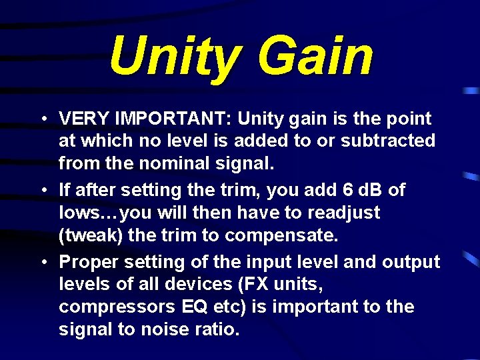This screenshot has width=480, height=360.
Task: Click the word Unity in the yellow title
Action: click(170, 57)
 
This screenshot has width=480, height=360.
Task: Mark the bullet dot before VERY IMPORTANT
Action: click(42, 119)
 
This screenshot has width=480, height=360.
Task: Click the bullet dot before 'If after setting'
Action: click(42, 191)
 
